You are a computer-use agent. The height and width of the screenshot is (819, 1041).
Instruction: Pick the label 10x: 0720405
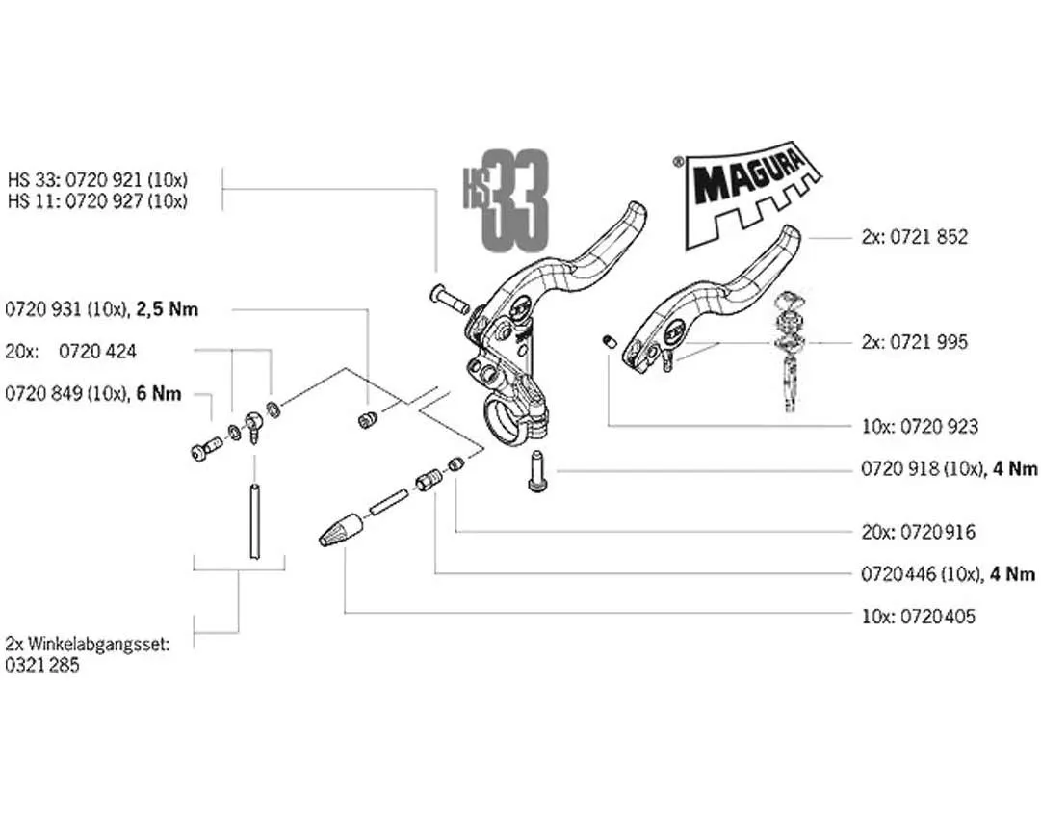click(917, 616)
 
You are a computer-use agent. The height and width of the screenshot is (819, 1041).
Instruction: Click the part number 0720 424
click(97, 351)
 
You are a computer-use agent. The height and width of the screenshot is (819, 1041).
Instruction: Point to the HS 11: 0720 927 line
click(96, 201)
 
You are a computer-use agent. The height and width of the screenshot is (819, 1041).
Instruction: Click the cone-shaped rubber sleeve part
click(341, 530)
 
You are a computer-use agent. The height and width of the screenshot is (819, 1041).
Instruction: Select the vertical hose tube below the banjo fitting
click(254, 521)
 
